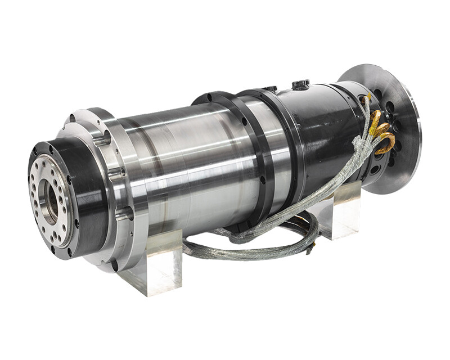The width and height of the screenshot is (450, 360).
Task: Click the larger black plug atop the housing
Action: [x=300, y=85]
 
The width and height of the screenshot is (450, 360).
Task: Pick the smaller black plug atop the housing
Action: [x=271, y=89]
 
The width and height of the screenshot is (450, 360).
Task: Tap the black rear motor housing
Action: [x=315, y=135]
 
